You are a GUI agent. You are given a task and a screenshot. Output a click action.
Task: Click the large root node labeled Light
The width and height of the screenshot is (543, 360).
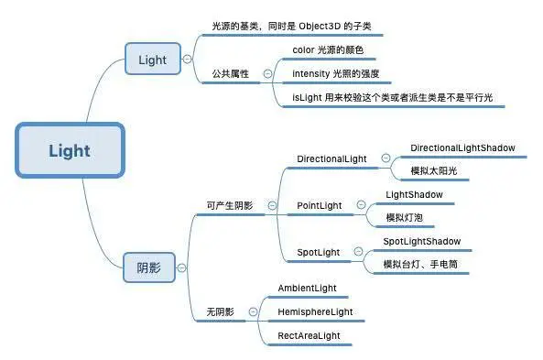click(x=69, y=150)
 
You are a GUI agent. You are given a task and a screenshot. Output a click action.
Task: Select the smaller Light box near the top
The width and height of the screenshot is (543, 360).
click(x=152, y=60)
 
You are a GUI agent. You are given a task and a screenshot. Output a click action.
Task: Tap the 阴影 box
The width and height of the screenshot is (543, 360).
click(x=147, y=267)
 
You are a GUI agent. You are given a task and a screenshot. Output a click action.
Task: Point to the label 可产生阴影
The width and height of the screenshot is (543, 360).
click(x=230, y=205)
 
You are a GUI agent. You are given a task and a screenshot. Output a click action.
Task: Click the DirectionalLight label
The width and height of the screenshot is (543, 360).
click(x=331, y=158)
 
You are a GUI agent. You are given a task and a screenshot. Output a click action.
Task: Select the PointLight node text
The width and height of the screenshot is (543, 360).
click(x=320, y=205)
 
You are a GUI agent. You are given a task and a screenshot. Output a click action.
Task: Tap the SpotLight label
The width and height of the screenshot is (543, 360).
click(x=318, y=252)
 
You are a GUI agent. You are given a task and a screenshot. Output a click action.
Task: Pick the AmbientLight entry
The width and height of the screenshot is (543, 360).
click(x=307, y=289)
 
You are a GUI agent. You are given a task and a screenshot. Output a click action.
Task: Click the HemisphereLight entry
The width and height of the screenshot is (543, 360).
click(x=315, y=312)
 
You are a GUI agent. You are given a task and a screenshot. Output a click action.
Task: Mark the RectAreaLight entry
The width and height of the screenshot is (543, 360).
click(x=309, y=336)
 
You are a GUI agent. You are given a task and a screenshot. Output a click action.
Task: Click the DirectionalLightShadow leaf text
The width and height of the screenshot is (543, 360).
click(x=462, y=147)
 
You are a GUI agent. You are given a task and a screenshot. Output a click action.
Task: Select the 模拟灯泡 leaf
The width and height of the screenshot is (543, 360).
click(x=404, y=217)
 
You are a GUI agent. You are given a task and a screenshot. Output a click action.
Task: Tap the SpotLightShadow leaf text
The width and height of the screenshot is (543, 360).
click(x=421, y=241)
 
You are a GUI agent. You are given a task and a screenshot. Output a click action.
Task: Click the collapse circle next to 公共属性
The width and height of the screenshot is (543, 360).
click(x=267, y=73)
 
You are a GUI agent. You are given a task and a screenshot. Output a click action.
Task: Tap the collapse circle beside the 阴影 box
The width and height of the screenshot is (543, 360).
click(x=183, y=267)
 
